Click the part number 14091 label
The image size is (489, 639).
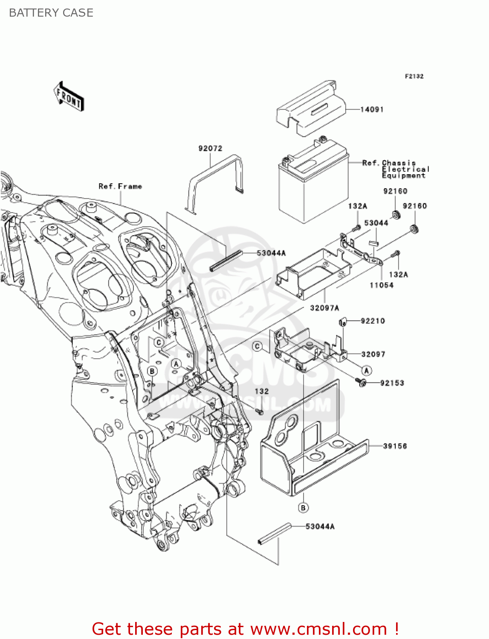372,109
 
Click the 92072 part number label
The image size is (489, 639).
210,148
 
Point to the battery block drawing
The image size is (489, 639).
313,183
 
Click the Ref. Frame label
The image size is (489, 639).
120,186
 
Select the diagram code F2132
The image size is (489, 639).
414,76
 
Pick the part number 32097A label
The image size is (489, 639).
324,308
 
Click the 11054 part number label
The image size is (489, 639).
381,285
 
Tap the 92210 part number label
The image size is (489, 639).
373,321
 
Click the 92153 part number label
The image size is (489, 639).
392,383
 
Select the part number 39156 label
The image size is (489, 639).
395,446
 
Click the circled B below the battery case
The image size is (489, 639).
303,508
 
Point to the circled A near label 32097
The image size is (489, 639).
366,371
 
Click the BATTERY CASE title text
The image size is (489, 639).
51,13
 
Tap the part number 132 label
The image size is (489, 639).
262,391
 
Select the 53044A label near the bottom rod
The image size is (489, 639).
320,527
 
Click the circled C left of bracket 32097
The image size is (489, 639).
258,346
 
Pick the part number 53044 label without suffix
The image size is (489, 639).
376,223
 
